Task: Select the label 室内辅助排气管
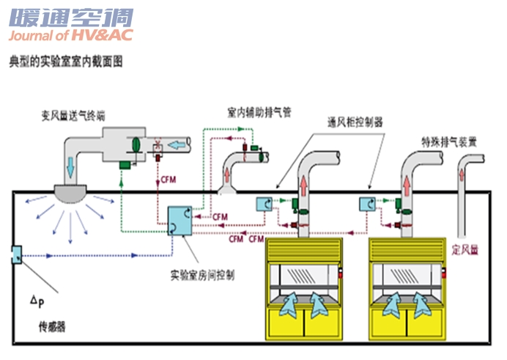[x=259, y=113]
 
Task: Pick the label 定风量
[x=465, y=249]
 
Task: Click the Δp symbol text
[x=35, y=301]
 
